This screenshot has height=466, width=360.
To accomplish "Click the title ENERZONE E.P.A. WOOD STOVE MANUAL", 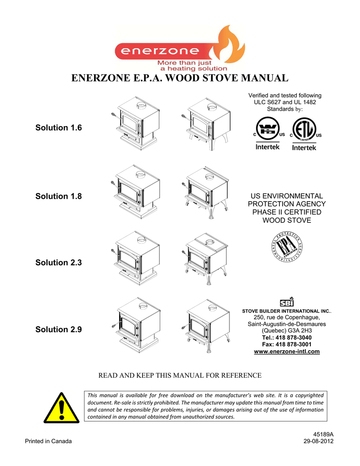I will pyautogui.click(x=180, y=78).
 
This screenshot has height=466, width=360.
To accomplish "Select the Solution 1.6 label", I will pyautogui.click(x=59, y=127).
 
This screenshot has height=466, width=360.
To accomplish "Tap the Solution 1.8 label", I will pyautogui.click(x=59, y=196).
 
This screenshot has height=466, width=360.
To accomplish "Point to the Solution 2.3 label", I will pyautogui.click(x=59, y=263).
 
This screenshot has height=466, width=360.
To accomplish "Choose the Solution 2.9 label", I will pyautogui.click(x=59, y=329).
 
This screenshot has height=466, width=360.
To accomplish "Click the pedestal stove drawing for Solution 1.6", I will pyautogui.click(x=135, y=122).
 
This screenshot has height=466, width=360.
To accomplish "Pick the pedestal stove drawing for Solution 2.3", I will pyautogui.click(x=135, y=257).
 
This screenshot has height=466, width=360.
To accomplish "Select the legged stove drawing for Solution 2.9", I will pyautogui.click(x=206, y=324).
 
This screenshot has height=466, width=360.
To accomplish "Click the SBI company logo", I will pyautogui.click(x=286, y=302).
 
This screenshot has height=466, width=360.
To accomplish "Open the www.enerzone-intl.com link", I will pyautogui.click(x=286, y=351).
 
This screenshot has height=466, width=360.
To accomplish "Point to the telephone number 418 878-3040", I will pyautogui.click(x=286, y=338).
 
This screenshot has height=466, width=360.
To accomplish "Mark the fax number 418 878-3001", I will pyautogui.click(x=286, y=344).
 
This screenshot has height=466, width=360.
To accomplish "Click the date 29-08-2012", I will pyautogui.click(x=319, y=441).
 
